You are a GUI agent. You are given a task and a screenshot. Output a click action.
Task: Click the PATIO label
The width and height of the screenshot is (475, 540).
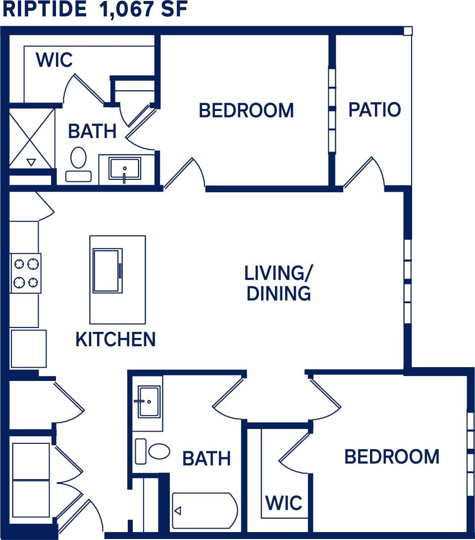(374, 109)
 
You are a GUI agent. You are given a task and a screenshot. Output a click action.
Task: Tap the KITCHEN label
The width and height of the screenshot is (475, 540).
(115, 339)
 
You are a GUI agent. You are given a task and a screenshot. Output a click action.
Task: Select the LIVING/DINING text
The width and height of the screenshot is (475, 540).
(279, 283)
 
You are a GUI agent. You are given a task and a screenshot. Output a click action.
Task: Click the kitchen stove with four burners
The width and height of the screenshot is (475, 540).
(26, 273)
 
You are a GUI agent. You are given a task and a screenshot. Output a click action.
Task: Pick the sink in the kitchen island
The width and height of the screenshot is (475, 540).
(107, 270)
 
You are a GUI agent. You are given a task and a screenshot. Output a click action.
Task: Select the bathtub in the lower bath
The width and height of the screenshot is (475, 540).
(205, 510)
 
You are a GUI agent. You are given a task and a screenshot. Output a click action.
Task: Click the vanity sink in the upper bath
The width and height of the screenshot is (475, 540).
(124, 168)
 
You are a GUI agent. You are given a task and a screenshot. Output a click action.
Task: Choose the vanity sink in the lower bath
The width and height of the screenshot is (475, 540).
(149, 402)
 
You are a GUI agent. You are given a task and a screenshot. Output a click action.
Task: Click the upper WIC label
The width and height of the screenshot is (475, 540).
(54, 60)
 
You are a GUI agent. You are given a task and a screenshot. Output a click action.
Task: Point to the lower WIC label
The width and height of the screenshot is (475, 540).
(284, 503)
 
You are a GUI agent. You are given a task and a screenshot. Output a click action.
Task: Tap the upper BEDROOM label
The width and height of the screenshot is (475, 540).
(246, 110)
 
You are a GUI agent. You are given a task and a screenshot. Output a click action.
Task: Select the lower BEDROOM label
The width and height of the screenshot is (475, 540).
(392, 456)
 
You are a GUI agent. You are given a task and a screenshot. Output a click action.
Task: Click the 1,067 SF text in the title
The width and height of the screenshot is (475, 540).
(144, 9)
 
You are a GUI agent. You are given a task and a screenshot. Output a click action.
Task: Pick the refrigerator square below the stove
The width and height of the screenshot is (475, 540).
(28, 349)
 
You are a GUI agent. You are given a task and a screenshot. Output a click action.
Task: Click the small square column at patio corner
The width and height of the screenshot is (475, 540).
(407, 31)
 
